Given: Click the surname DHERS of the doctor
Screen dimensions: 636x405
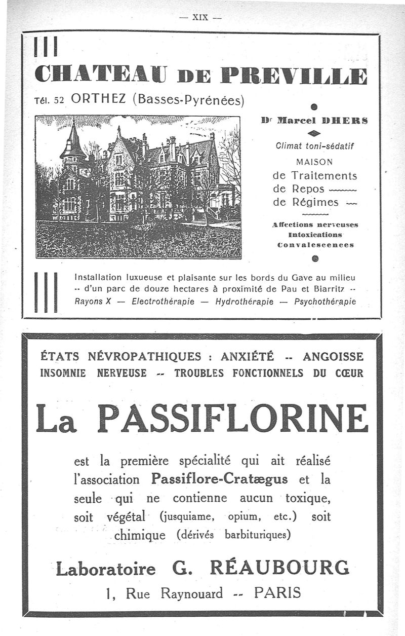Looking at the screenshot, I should (x=349, y=121).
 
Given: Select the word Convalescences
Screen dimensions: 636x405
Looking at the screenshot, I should (x=315, y=244).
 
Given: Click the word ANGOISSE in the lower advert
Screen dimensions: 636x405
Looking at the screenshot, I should (x=333, y=356).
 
